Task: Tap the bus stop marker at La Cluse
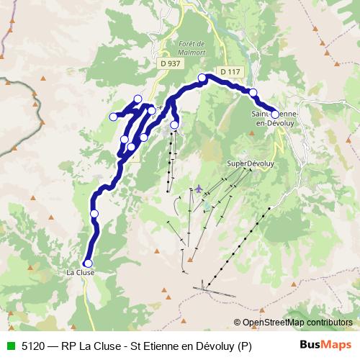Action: (89, 264)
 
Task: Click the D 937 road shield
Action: (171, 63)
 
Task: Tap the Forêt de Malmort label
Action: (191, 48)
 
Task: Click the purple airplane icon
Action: (199, 189)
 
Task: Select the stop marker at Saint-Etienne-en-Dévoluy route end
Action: (275, 114)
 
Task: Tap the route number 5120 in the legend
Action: (32, 344)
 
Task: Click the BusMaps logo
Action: (325, 344)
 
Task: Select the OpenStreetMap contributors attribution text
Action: (297, 323)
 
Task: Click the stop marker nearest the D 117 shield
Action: (202, 78)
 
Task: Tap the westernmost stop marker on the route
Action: (113, 117)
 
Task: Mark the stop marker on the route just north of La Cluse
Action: (94, 213)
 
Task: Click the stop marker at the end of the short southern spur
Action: (174, 125)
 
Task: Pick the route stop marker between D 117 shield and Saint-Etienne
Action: (253, 92)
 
